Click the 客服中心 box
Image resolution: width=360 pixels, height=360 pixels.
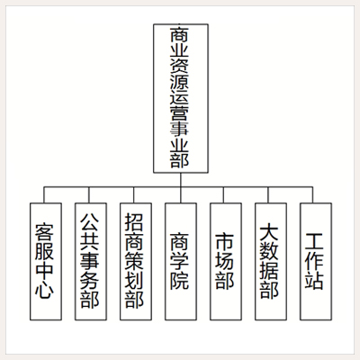pyautogui.click(x=46, y=262)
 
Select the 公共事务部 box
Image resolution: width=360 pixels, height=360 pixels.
pyautogui.click(x=91, y=262)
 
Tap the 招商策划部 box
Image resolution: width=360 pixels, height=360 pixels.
pyautogui.click(x=136, y=262)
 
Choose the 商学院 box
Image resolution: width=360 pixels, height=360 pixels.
pyautogui.click(x=181, y=262)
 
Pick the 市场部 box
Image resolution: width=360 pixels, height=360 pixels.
pyautogui.click(x=226, y=262)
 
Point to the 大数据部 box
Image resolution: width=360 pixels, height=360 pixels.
pyautogui.click(x=271, y=262)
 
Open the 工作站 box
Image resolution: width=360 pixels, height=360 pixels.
pyautogui.click(x=316, y=262)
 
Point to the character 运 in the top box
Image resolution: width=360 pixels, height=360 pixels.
pyautogui.click(x=179, y=99)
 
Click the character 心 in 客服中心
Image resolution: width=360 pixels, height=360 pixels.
pyautogui.click(x=44, y=290)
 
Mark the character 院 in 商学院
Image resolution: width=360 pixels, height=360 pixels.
pyautogui.click(x=179, y=280)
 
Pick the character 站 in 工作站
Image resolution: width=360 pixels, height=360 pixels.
pyautogui.click(x=314, y=280)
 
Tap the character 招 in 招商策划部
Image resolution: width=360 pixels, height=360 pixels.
pyautogui.click(x=134, y=222)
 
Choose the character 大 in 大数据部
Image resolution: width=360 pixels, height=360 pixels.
pyautogui.click(x=269, y=231)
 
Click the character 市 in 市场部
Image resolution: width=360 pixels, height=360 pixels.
pyautogui.click(x=224, y=242)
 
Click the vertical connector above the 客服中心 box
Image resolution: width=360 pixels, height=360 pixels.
pyautogui.click(x=44, y=195)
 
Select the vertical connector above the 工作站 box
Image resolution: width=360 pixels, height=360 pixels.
pyautogui.click(x=313, y=195)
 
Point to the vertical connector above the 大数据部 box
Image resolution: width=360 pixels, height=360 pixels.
pyautogui.click(x=268, y=195)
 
